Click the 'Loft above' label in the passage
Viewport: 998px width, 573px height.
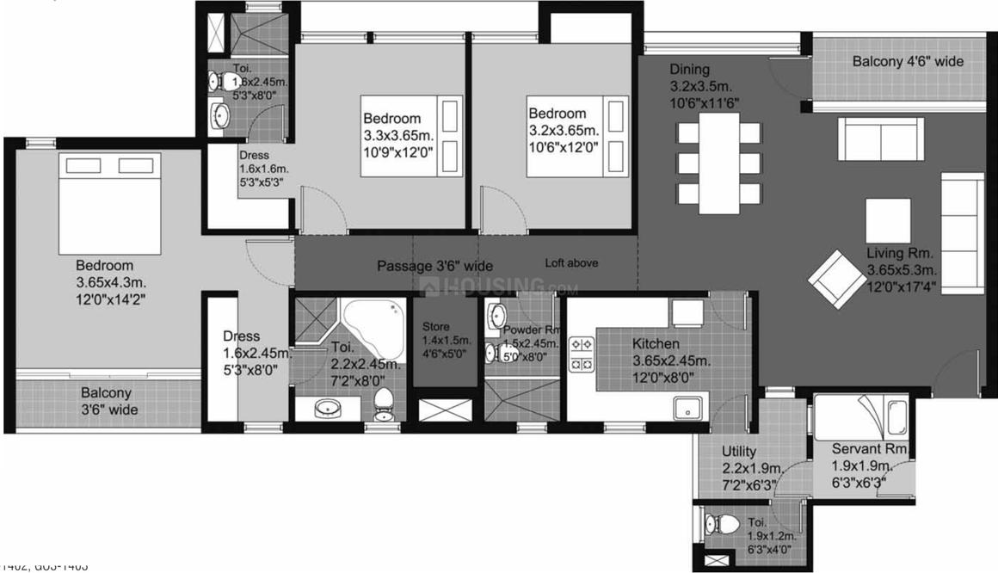571,263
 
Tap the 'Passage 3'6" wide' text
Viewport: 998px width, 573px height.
434,266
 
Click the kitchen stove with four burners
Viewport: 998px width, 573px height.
582,354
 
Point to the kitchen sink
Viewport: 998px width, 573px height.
688,408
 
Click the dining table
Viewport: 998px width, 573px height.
719,162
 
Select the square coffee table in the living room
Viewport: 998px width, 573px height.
888,221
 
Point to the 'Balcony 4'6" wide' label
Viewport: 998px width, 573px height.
908,61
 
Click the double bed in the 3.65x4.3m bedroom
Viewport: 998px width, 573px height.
109,200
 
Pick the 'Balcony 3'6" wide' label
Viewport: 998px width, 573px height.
108,401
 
